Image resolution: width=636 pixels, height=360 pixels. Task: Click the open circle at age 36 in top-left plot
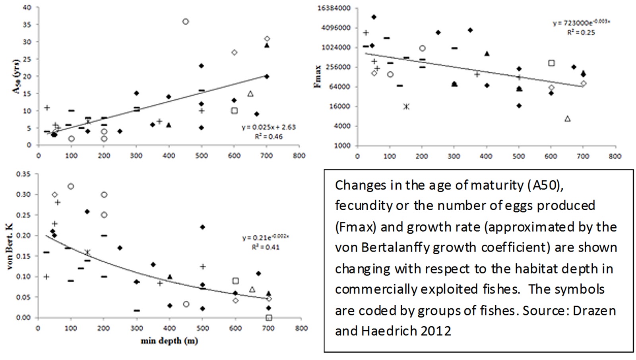coord(185,22)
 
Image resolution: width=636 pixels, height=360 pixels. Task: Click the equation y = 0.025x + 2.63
coord(269,128)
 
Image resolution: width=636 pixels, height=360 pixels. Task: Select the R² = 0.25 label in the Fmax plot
coord(581,33)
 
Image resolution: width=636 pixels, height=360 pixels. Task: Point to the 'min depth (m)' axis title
coord(169,341)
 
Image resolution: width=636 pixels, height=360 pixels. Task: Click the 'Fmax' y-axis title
coord(318,77)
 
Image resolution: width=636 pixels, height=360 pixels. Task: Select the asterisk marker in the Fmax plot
coord(406,106)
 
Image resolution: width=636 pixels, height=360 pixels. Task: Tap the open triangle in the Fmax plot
coord(568,118)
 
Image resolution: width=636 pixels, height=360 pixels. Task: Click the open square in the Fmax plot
coord(551,63)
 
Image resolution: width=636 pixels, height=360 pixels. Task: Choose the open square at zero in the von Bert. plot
coord(269,317)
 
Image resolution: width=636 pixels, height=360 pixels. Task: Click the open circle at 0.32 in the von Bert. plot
coord(71,186)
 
